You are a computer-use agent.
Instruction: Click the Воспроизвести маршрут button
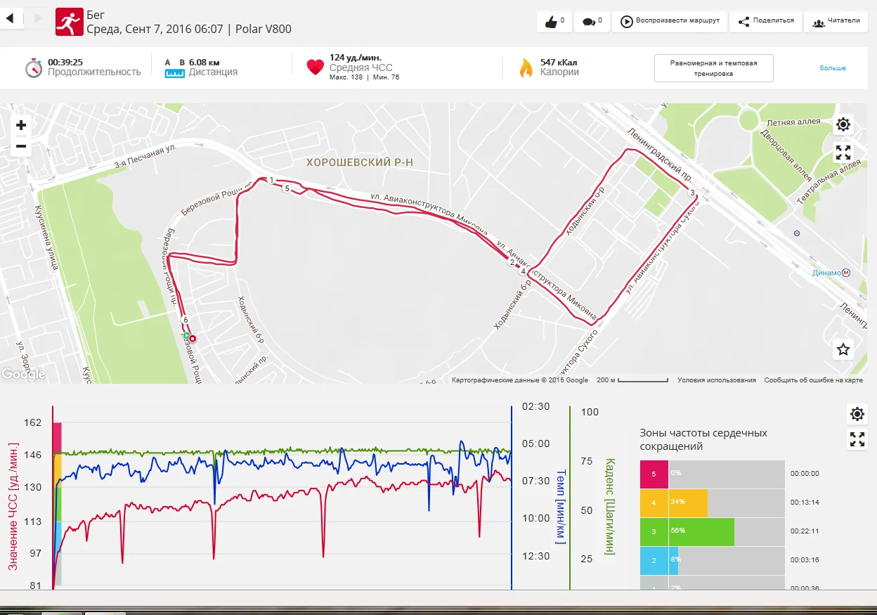(x=670, y=21)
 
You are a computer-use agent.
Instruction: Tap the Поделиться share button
(x=766, y=21)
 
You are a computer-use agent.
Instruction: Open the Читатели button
(x=836, y=21)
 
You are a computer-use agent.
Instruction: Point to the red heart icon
(x=315, y=67)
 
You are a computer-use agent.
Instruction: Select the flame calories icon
(x=526, y=67)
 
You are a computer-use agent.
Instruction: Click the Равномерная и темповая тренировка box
(x=713, y=68)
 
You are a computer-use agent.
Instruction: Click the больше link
(x=833, y=68)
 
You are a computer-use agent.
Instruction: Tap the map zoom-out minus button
(x=21, y=146)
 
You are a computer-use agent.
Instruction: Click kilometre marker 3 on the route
(x=692, y=193)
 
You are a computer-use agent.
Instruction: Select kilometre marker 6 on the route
(x=186, y=321)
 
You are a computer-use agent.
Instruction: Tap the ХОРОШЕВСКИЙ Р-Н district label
(x=360, y=162)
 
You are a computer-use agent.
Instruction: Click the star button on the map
(x=843, y=349)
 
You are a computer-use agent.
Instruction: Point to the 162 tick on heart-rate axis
(x=33, y=423)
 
